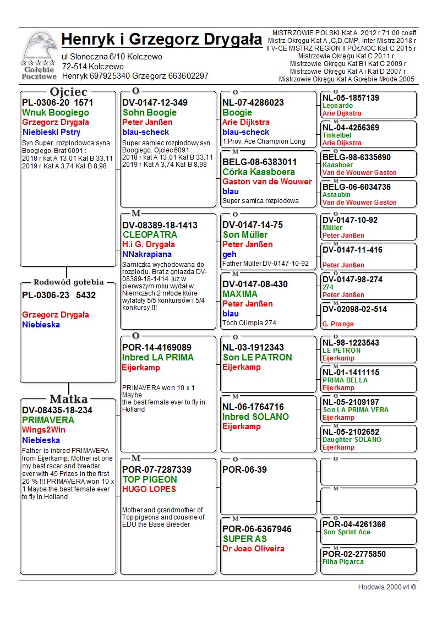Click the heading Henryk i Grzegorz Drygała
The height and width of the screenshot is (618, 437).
pyautogui.click(x=162, y=40)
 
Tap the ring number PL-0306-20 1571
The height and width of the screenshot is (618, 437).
pyautogui.click(x=58, y=102)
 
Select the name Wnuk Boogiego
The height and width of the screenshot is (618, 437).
pyautogui.click(x=56, y=112)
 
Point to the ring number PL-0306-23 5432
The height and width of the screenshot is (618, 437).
pyautogui.click(x=59, y=295)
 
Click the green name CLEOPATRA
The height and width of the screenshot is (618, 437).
pyautogui.click(x=150, y=234)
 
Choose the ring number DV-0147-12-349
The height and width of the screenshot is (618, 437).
pyautogui.click(x=155, y=102)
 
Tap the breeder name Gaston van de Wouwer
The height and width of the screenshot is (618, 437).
pyautogui.click(x=267, y=182)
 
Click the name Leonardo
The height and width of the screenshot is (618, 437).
pyautogui.click(x=337, y=106)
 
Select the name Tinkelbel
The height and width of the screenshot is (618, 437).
pyautogui.click(x=338, y=135)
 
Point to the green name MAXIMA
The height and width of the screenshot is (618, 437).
pyautogui.click(x=240, y=294)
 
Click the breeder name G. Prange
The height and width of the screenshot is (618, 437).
pyautogui.click(x=338, y=324)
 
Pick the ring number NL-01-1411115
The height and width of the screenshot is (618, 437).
pyautogui.click(x=351, y=373)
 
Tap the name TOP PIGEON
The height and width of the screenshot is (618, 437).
pyautogui.click(x=150, y=479)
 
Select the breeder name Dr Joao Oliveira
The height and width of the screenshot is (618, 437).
pyautogui.click(x=254, y=549)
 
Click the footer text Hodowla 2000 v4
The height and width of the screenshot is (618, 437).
pyautogui.click(x=387, y=587)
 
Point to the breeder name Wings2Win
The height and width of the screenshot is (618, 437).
pyautogui.click(x=43, y=430)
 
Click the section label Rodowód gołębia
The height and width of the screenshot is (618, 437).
pyautogui.click(x=68, y=282)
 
